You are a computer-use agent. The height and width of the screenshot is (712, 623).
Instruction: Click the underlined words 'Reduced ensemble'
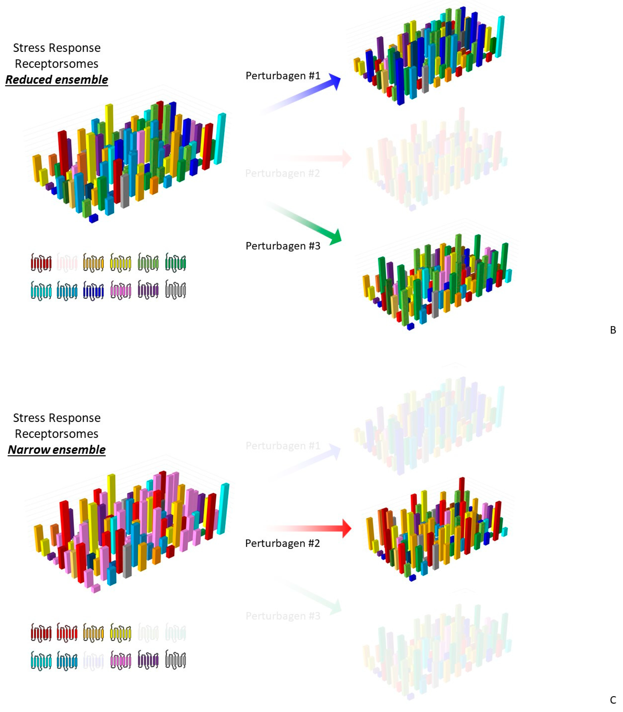coord(57,80)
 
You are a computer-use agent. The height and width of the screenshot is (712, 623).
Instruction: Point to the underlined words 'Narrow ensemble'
coord(57,450)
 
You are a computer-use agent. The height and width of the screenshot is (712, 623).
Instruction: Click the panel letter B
coord(613,330)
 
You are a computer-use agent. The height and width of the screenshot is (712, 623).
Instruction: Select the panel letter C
coord(613,700)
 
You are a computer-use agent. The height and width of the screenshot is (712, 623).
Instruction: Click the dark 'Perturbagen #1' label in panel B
coord(283,75)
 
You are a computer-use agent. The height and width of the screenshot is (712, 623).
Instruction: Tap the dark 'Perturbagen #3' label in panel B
coord(283,246)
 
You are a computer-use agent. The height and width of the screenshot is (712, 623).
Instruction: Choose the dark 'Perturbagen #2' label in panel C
coord(282,543)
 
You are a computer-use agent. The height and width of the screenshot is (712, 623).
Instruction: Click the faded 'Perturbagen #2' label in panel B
coord(282,173)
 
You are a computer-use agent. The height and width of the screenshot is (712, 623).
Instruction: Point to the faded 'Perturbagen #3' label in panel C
coord(283,616)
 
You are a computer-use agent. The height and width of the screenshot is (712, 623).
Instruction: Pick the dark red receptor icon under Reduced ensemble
coord(41,262)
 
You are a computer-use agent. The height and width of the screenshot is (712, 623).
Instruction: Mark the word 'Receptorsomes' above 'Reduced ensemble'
coord(57,64)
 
